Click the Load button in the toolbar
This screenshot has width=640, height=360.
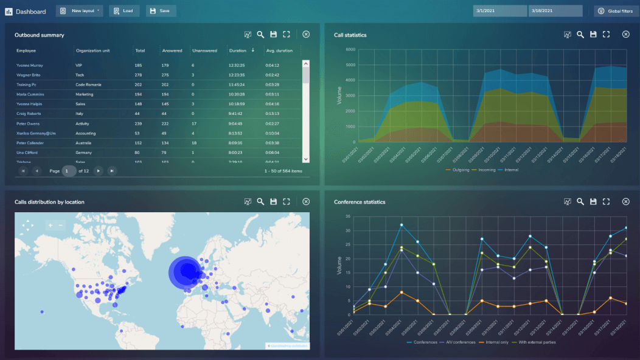coord(124,11)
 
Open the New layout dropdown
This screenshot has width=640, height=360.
coord(79,11)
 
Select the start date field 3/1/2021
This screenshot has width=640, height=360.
coord(499,11)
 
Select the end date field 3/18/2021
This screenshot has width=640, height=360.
coord(554,11)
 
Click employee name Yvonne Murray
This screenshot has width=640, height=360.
coord(30,65)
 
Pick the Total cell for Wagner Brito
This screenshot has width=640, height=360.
coord(139,75)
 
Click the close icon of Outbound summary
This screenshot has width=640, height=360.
coord(306,35)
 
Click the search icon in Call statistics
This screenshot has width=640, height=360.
coord(580,35)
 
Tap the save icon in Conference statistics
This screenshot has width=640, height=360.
coord(593,201)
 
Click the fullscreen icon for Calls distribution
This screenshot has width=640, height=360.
coord(287,201)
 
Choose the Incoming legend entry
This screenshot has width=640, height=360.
coord(486,170)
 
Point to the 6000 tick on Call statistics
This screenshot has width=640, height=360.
coord(350,50)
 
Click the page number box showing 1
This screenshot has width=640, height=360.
coord(69,171)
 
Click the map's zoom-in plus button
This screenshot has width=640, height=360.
coord(51,226)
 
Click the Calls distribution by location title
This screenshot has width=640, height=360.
coord(49,202)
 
